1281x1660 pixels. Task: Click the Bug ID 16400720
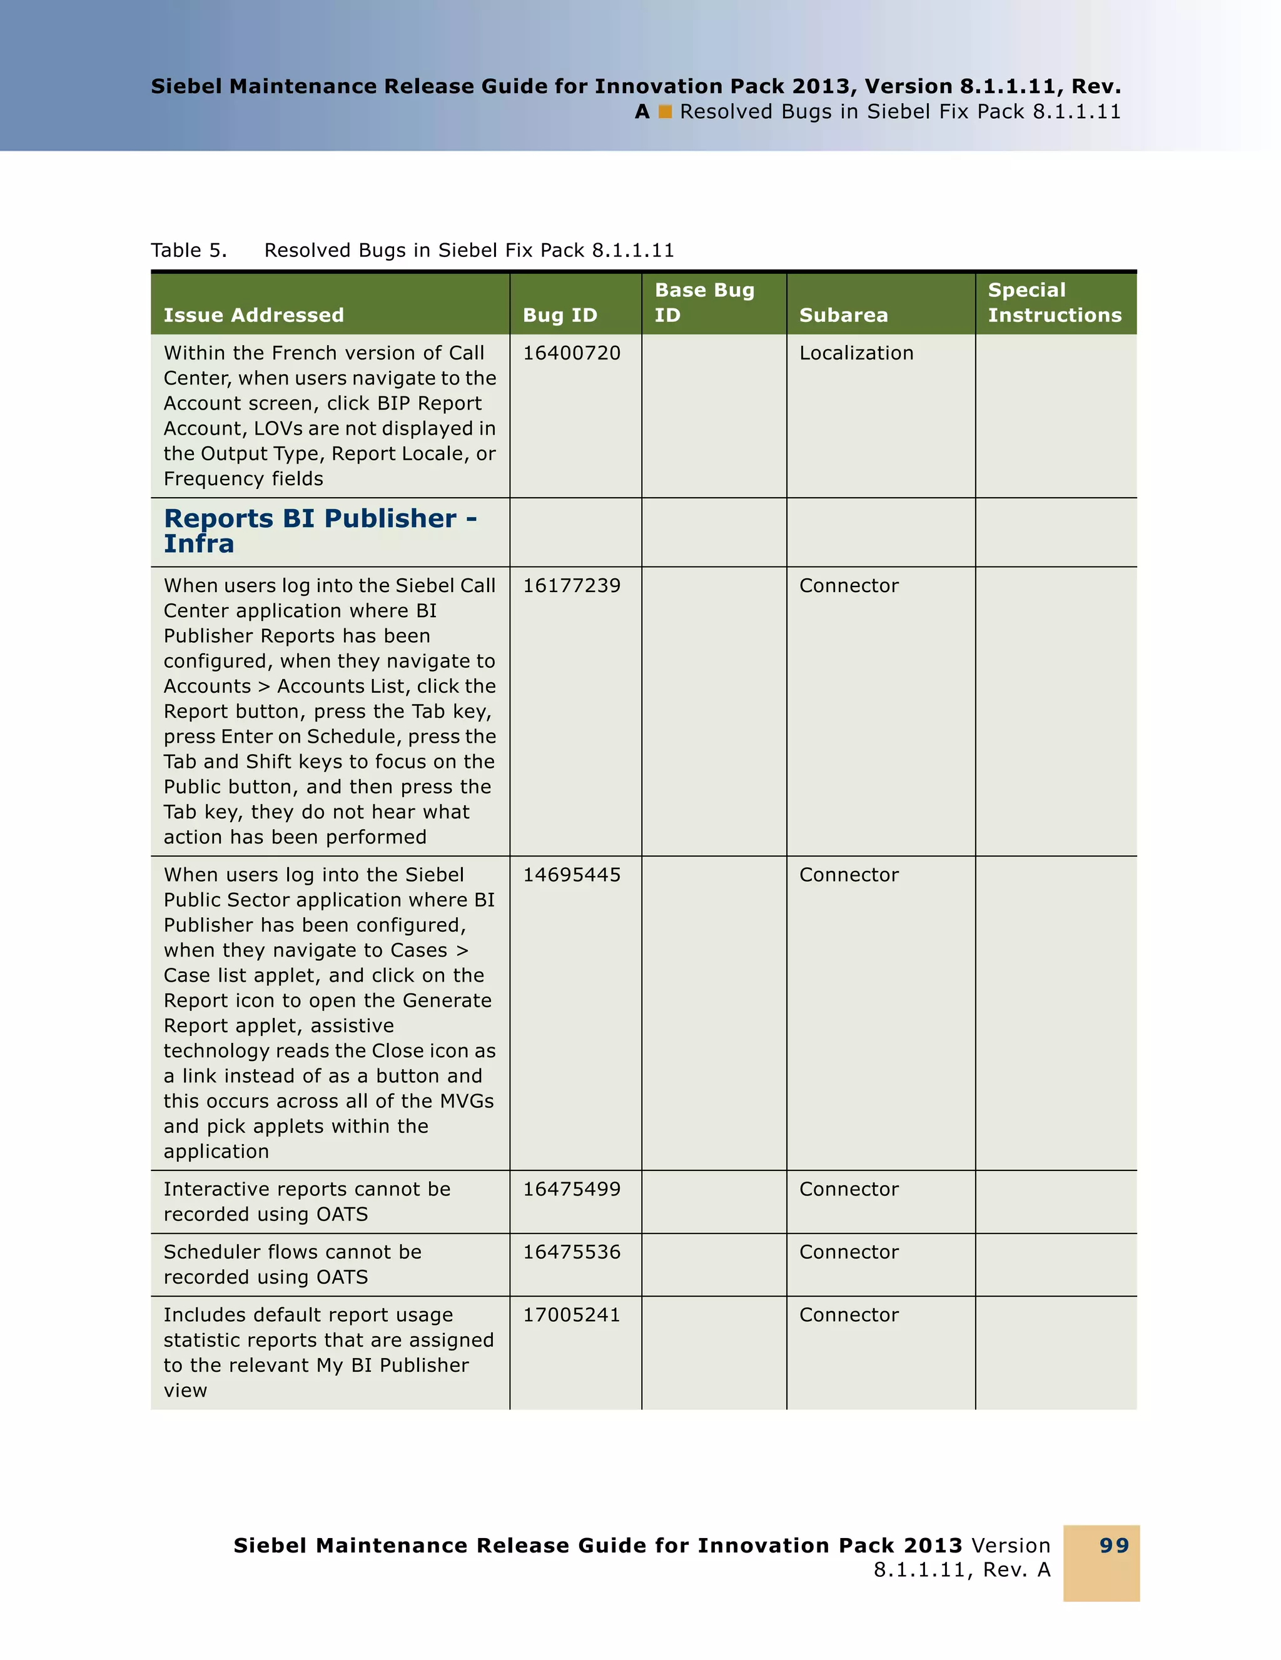click(571, 353)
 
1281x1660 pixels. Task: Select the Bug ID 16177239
click(571, 586)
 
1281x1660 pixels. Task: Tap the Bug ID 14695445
click(571, 875)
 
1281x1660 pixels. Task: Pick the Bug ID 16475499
click(571, 1190)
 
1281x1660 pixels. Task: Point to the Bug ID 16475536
click(571, 1252)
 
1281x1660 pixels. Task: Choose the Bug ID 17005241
click(571, 1315)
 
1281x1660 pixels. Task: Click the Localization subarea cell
click(856, 353)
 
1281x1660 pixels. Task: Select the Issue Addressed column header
click(253, 315)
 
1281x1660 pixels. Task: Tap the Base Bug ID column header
click(704, 303)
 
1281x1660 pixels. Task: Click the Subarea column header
click(843, 315)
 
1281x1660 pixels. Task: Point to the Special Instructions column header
click(1054, 303)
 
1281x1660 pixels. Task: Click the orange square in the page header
click(666, 113)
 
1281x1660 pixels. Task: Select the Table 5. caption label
click(188, 251)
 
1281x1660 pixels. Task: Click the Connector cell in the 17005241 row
click(848, 1315)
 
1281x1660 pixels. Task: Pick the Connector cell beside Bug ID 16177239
click(848, 586)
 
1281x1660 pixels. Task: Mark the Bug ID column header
click(560, 315)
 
